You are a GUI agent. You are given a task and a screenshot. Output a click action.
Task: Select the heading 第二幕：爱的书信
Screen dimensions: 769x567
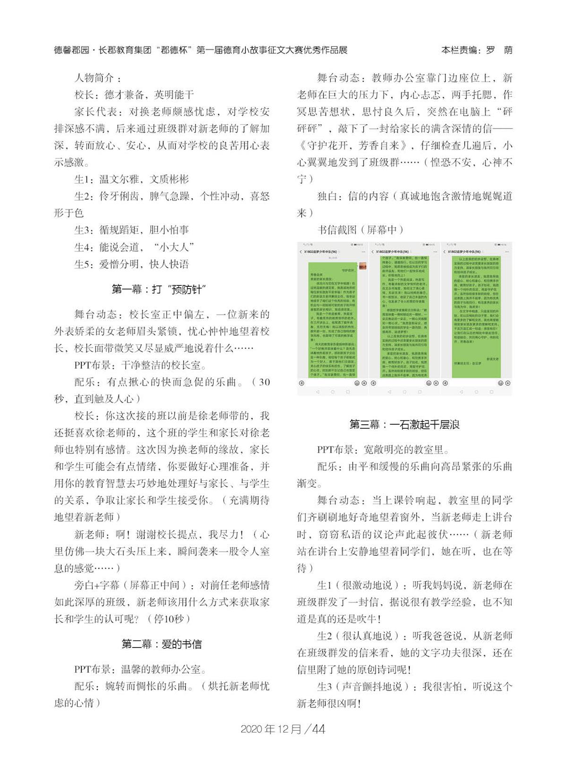[161, 643]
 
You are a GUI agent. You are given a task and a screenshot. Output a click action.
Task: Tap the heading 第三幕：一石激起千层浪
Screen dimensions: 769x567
[404, 424]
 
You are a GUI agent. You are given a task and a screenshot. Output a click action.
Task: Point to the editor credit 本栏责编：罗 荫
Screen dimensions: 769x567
[476, 50]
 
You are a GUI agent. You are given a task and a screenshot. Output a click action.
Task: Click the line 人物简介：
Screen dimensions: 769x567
[99, 78]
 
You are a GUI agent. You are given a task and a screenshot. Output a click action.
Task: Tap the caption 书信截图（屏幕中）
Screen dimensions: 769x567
[361, 230]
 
